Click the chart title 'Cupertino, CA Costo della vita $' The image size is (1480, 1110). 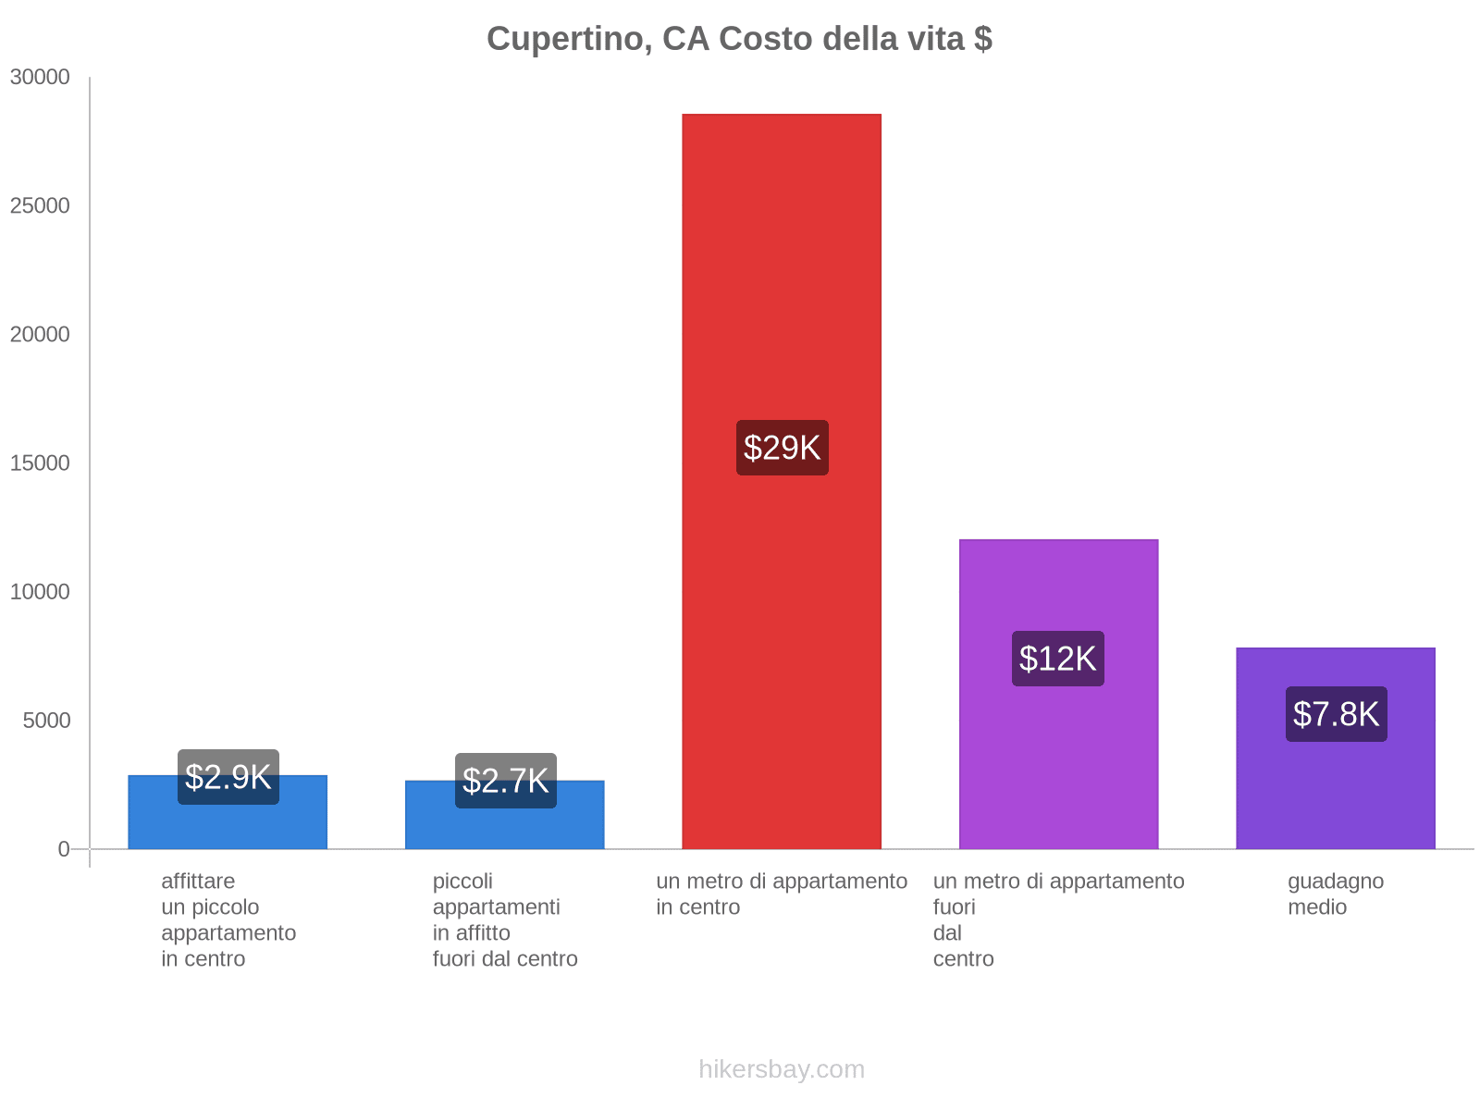739,39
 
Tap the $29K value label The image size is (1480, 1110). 782,448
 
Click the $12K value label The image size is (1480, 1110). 1057,659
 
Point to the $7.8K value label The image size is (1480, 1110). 1336,714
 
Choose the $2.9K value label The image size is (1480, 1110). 228,777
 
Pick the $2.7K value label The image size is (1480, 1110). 505,781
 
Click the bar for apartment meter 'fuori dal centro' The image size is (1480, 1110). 1058,758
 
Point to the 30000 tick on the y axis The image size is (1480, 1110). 40,78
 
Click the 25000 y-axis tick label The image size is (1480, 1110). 40,206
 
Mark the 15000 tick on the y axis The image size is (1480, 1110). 40,463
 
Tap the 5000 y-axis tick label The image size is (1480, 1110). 46,721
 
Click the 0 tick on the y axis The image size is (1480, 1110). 64,849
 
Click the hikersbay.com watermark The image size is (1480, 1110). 782,1069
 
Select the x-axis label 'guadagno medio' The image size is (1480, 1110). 1336,894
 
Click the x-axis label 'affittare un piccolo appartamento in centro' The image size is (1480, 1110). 228,919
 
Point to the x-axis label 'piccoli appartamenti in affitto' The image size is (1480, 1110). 505,919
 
